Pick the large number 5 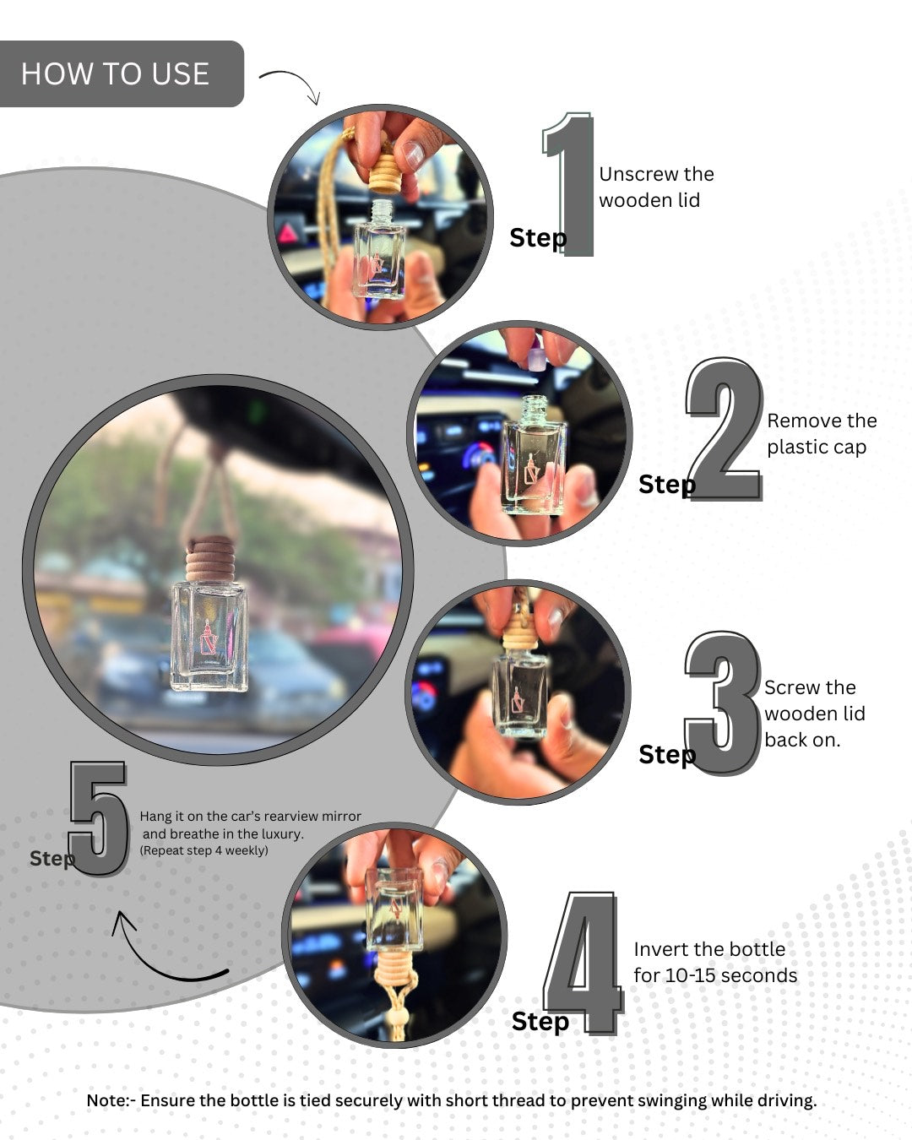coord(99,817)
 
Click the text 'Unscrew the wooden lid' coord(655,187)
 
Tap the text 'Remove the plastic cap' coord(821,433)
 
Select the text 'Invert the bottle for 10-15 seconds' coord(714,962)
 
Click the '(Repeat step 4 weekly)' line coord(204,850)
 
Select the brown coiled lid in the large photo coord(210,559)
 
